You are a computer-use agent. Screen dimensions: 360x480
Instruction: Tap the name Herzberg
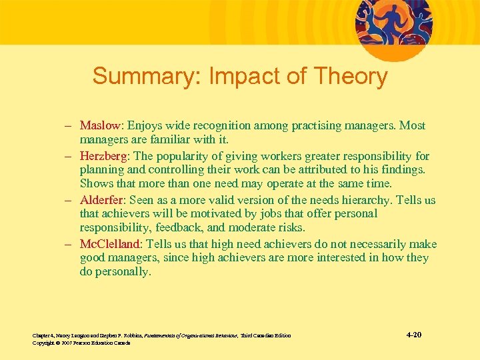104,156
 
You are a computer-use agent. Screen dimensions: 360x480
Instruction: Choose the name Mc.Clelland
110,243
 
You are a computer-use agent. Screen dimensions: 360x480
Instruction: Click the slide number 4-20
413,334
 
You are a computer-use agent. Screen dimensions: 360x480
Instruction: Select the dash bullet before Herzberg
69,156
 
